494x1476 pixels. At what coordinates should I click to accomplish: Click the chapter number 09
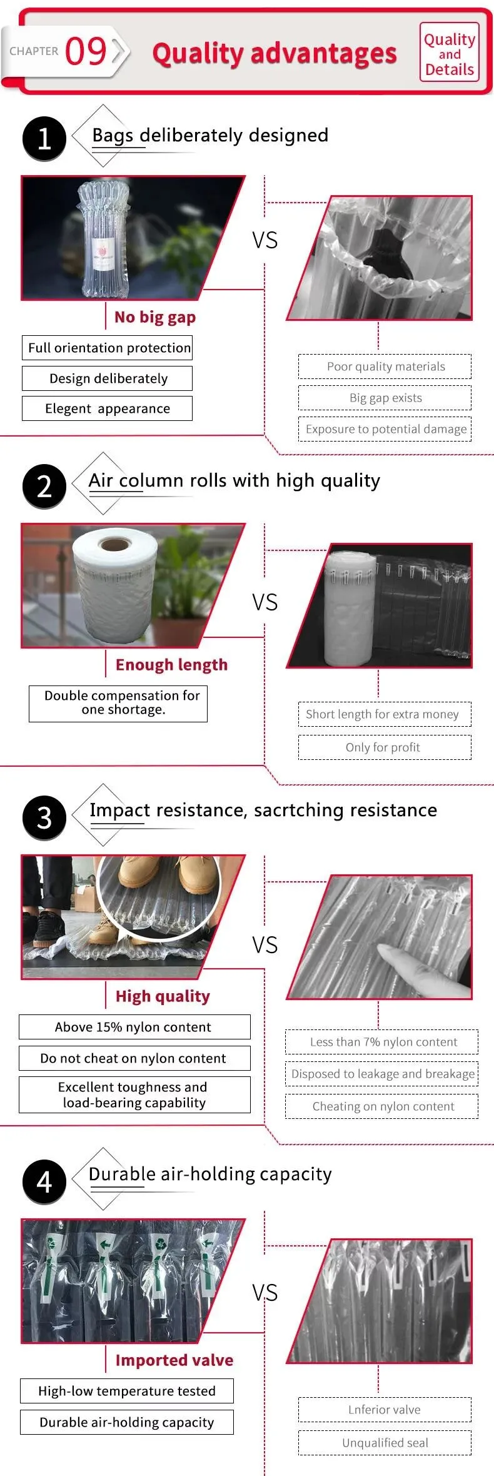(x=86, y=51)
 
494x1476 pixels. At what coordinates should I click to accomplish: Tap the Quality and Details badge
(x=450, y=52)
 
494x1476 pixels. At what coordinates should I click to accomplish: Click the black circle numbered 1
(x=44, y=138)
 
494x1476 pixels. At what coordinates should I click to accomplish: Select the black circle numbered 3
(x=44, y=817)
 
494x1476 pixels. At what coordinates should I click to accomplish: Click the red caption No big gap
(x=155, y=317)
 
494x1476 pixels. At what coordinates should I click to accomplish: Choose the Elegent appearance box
(x=108, y=408)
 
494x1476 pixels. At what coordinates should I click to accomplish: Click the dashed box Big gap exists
(x=385, y=398)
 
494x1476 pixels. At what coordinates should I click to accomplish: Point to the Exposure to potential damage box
(x=385, y=429)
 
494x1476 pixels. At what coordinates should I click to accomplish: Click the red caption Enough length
(x=171, y=664)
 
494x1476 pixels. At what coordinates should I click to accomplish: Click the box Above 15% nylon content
(x=134, y=1027)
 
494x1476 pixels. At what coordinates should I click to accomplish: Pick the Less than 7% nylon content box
(x=382, y=1042)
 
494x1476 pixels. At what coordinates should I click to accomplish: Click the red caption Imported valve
(x=174, y=1360)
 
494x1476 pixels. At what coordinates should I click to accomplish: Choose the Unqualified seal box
(x=385, y=1443)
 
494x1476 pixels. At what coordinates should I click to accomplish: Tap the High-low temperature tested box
(x=127, y=1391)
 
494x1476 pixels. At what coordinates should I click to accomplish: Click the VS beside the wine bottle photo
(x=265, y=240)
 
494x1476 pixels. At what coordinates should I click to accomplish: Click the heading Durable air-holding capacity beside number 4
(x=210, y=1175)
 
